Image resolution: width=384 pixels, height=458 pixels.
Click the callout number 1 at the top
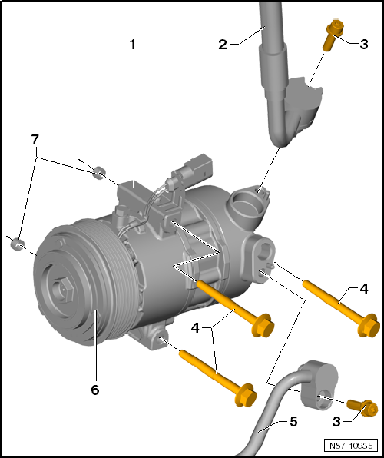(132, 45)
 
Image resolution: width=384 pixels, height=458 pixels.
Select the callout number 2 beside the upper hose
(223, 44)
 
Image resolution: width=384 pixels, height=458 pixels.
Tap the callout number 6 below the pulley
(95, 390)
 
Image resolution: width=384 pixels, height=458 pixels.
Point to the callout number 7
(34, 140)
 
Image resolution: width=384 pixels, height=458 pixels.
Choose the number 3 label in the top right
(363, 44)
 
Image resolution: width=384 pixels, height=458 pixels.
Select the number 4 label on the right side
(364, 289)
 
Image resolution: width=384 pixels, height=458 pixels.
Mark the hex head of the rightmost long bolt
(369, 324)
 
